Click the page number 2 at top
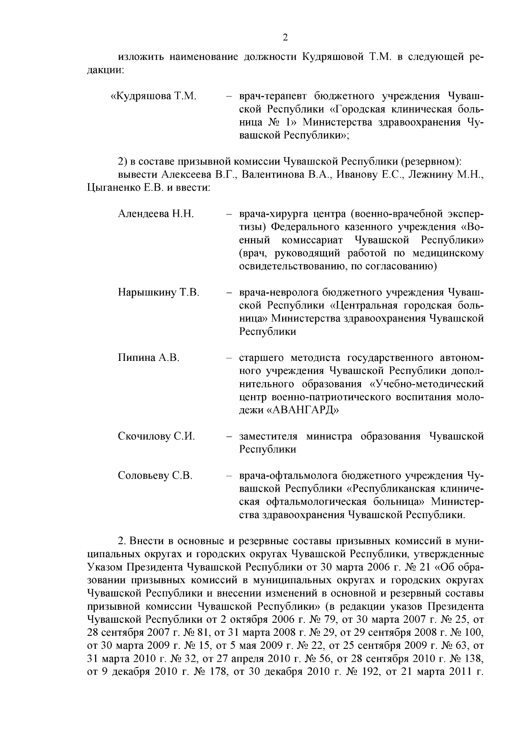(285, 38)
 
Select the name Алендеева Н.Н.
(155, 214)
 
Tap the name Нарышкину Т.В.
(158, 292)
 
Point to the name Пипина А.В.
(148, 358)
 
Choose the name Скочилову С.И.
(156, 436)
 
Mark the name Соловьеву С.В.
(155, 476)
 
